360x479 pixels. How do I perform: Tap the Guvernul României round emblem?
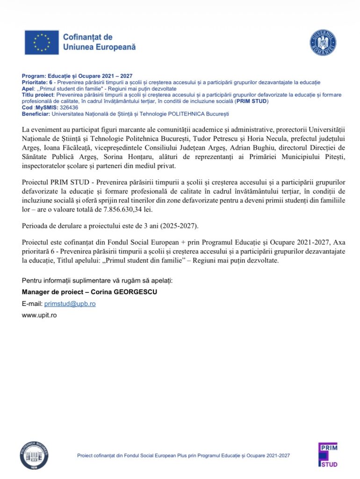click(323, 43)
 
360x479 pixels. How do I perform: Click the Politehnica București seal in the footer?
click(34, 454)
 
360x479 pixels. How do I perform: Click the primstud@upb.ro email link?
click(73, 304)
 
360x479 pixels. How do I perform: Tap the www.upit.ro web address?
click(39, 315)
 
